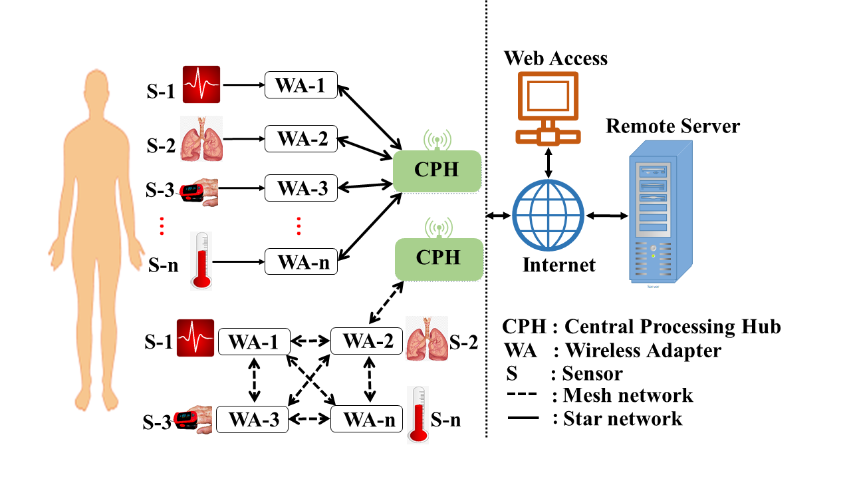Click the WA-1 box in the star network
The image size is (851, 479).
(x=301, y=84)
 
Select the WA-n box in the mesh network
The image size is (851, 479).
(x=366, y=420)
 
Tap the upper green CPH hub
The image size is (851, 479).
(x=436, y=170)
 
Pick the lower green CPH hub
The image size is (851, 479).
(x=437, y=257)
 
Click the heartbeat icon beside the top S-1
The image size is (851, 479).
(x=201, y=84)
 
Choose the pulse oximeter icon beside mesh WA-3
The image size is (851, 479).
(x=193, y=419)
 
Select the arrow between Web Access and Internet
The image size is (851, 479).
(x=547, y=162)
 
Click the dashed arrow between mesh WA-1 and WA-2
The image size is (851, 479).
(x=310, y=342)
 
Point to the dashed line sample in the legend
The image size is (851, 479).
(x=523, y=395)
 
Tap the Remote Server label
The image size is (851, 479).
(x=672, y=126)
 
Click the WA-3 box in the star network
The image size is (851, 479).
(x=301, y=188)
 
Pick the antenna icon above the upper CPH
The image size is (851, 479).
(x=437, y=140)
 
